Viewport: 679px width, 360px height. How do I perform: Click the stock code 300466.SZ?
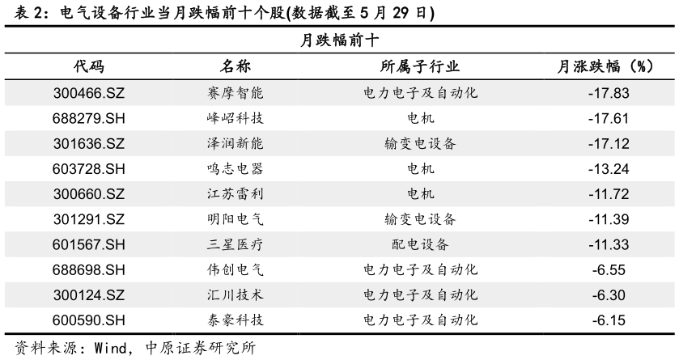pyautogui.click(x=89, y=93)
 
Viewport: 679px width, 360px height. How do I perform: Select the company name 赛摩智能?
pyautogui.click(x=236, y=93)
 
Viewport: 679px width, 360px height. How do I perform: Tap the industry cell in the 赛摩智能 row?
pyautogui.click(x=421, y=93)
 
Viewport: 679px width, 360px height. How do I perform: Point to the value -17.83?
pyautogui.click(x=609, y=93)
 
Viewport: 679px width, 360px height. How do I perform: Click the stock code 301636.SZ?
pyautogui.click(x=89, y=144)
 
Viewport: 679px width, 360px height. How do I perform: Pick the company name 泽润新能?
pyautogui.click(x=236, y=144)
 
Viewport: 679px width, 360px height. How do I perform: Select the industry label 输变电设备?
pyautogui.click(x=421, y=144)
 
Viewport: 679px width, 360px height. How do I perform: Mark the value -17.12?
pyautogui.click(x=609, y=144)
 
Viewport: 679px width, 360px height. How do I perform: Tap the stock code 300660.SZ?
pyautogui.click(x=89, y=194)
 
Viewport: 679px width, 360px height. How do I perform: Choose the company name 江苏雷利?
pyautogui.click(x=236, y=194)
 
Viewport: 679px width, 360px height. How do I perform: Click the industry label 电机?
pyautogui.click(x=421, y=194)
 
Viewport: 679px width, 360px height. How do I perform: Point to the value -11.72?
pyautogui.click(x=609, y=194)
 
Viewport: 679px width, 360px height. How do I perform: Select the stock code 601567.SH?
pyautogui.click(x=89, y=244)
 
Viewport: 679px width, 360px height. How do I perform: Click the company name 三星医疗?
pyautogui.click(x=236, y=244)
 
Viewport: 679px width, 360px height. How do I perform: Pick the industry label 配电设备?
pyautogui.click(x=421, y=244)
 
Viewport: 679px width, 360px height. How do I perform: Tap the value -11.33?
pyautogui.click(x=609, y=244)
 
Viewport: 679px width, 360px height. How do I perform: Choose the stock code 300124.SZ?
pyautogui.click(x=89, y=295)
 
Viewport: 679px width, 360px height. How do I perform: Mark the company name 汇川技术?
pyautogui.click(x=236, y=295)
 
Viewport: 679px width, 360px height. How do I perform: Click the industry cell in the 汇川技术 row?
pyautogui.click(x=421, y=295)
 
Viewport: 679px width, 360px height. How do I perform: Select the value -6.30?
pyautogui.click(x=609, y=295)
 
